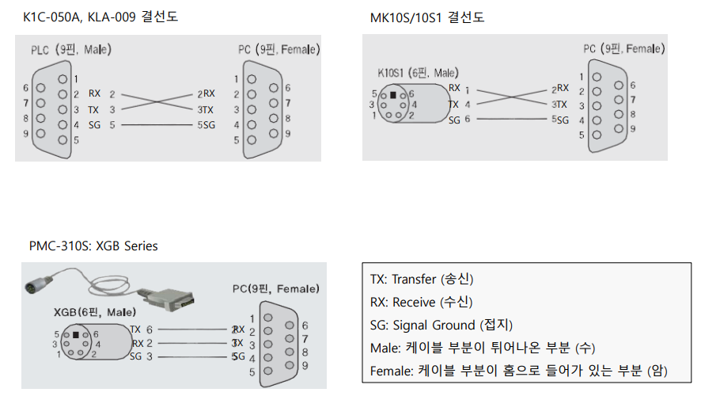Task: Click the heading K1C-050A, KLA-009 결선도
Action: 100,17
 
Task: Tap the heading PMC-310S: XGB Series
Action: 93,246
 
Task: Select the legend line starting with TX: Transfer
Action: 422,280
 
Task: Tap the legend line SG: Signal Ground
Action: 441,325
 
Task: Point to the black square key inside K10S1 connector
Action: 392,94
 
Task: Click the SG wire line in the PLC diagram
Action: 159,125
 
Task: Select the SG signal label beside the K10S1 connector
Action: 454,120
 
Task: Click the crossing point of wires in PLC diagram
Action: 159,101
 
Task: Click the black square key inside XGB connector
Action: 75,334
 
